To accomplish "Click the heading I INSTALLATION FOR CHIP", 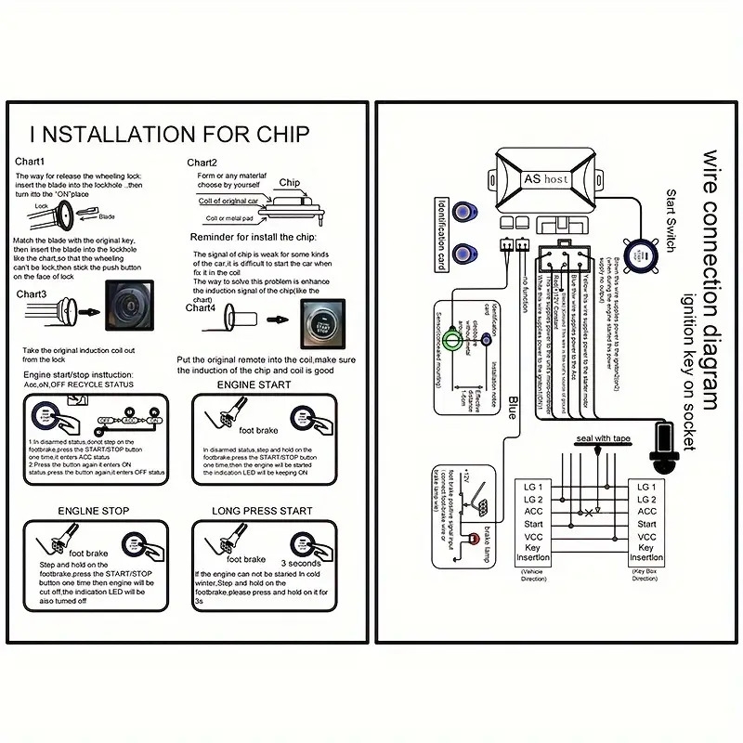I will point(169,133).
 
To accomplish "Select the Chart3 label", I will point(32,294).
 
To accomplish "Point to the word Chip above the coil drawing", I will point(290,184).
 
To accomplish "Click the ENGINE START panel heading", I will point(254,384).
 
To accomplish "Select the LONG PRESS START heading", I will point(262,511).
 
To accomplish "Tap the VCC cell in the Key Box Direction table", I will point(646,537).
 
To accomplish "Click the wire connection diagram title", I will point(710,279).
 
